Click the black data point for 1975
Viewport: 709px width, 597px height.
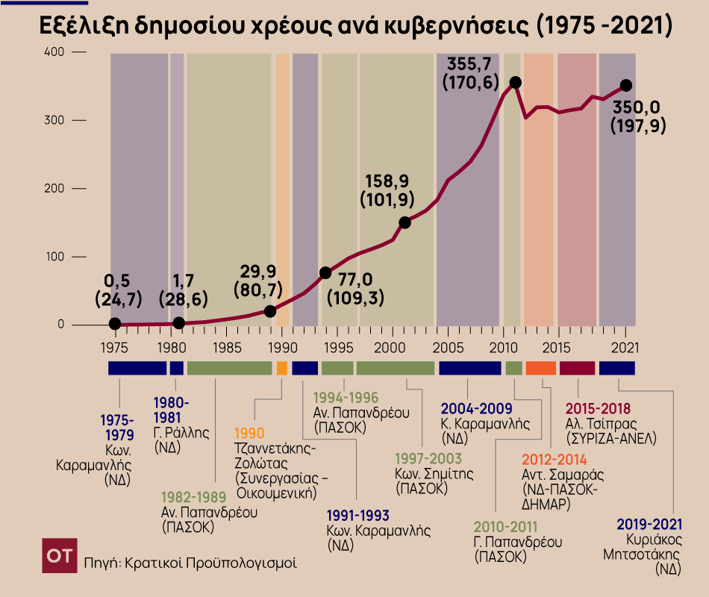[x=114, y=323]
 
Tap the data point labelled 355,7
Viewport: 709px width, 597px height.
[x=515, y=82]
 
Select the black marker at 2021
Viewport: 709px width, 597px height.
[x=625, y=86]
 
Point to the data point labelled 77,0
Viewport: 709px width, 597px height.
[x=325, y=273]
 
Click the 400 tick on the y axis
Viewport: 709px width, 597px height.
[x=54, y=52]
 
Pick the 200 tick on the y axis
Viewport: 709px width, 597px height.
[x=54, y=189]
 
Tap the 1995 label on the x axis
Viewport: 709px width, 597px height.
[x=337, y=347]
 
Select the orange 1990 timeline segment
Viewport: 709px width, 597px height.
[x=281, y=368]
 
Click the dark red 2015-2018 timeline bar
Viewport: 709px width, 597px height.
[x=577, y=368]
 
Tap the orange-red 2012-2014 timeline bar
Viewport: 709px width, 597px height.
[x=541, y=368]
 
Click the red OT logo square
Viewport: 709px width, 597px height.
[x=60, y=556]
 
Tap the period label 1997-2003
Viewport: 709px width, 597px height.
[x=428, y=459]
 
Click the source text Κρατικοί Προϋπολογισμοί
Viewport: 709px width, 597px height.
[x=210, y=562]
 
